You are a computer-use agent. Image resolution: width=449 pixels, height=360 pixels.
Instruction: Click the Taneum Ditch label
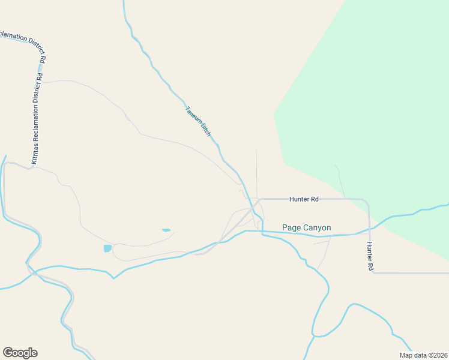(x=198, y=121)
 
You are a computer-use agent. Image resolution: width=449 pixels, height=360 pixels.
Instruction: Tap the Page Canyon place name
(x=306, y=228)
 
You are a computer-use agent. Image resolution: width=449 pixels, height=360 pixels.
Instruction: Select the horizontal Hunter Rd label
(x=303, y=199)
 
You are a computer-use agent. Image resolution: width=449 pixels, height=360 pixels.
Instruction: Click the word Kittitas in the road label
(x=34, y=151)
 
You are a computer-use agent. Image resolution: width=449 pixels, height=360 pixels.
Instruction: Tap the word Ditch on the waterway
(x=205, y=130)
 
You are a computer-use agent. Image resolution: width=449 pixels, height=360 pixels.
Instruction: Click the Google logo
(x=20, y=353)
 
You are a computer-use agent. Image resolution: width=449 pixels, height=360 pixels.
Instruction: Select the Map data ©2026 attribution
(x=423, y=355)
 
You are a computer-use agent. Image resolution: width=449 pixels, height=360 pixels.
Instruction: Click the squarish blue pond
(x=107, y=248)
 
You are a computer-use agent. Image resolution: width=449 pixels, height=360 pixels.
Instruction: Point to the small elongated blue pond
(x=166, y=230)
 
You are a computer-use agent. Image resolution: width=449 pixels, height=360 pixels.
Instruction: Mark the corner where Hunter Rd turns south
(x=367, y=201)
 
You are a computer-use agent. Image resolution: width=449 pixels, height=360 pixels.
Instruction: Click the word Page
(x=291, y=228)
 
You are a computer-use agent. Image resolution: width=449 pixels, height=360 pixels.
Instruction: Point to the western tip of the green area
(x=274, y=114)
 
